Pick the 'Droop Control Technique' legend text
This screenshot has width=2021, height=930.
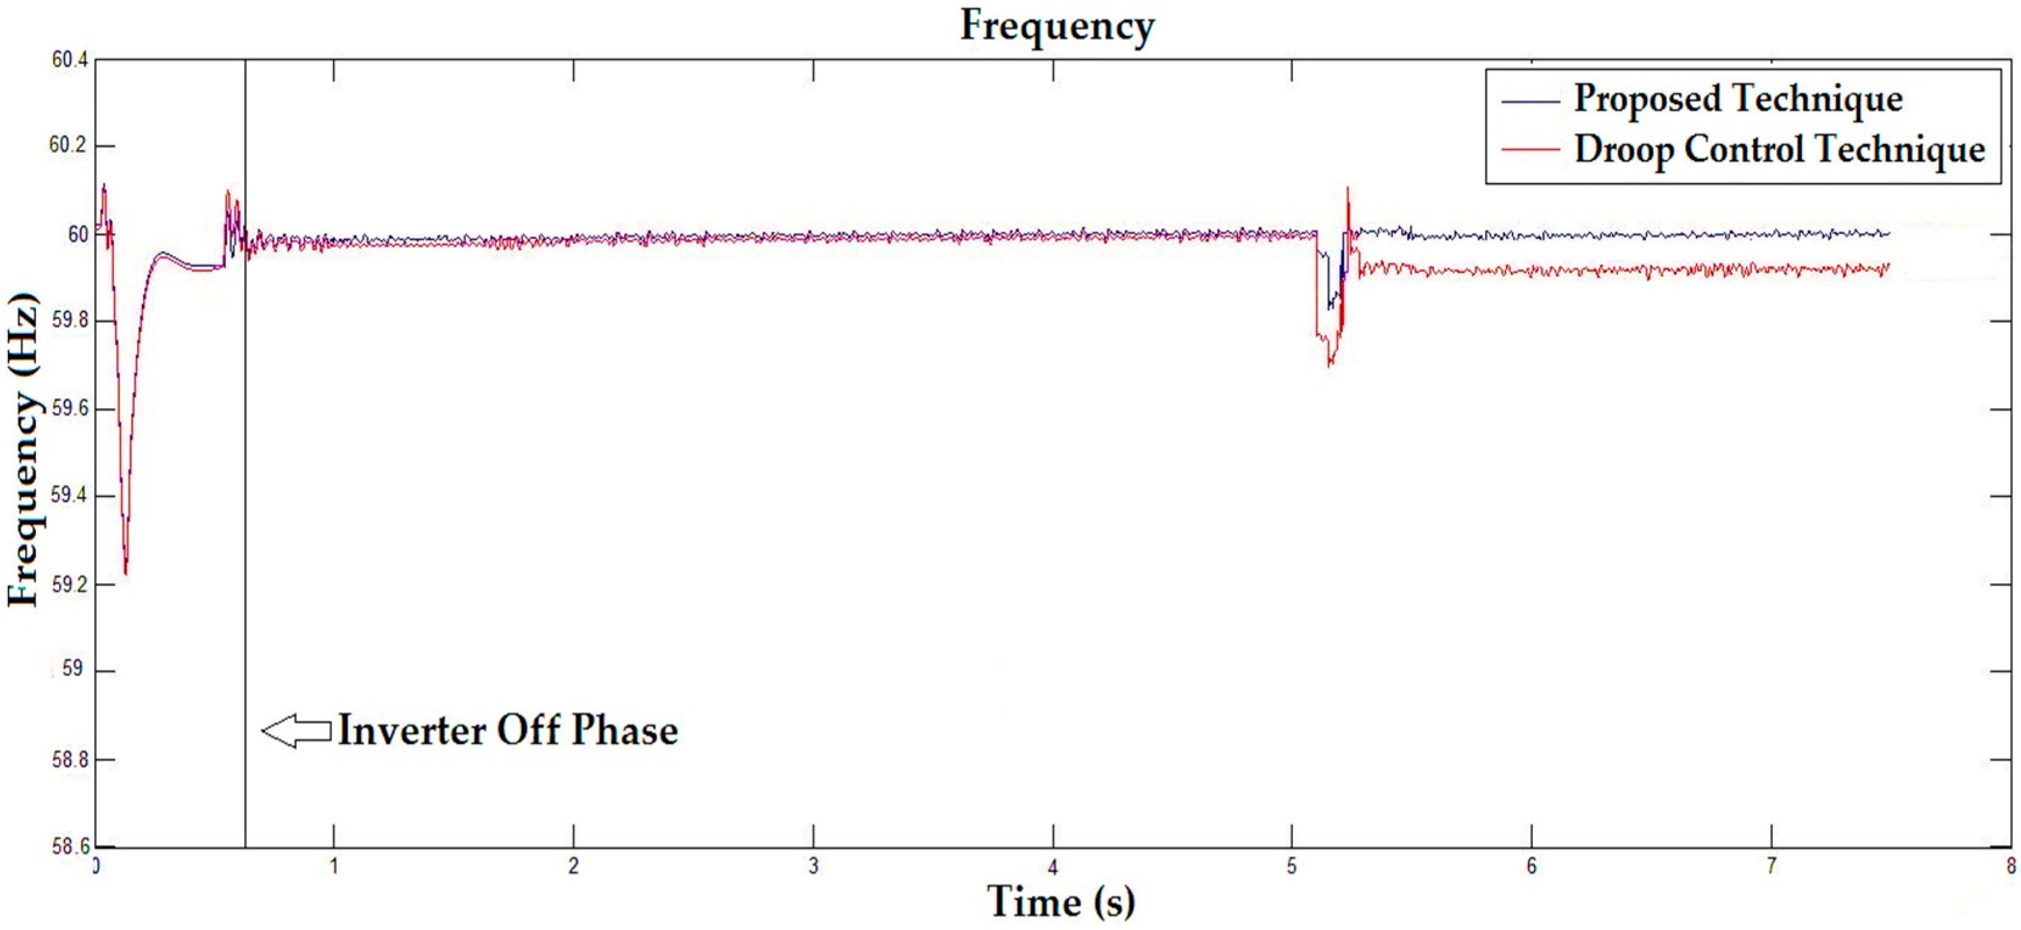pos(1779,149)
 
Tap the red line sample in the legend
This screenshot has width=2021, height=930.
pos(1530,149)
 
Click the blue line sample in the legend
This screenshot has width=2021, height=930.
pos(1530,101)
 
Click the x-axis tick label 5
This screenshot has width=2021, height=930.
pos(1291,867)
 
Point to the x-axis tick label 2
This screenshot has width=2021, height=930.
pos(573,867)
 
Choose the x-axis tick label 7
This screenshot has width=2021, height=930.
pos(1771,867)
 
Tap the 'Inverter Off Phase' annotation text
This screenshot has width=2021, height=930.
pos(508,730)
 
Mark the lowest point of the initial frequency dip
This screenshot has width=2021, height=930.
pos(125,574)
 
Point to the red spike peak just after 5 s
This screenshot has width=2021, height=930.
pos(1348,187)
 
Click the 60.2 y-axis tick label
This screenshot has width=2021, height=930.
pos(69,146)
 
